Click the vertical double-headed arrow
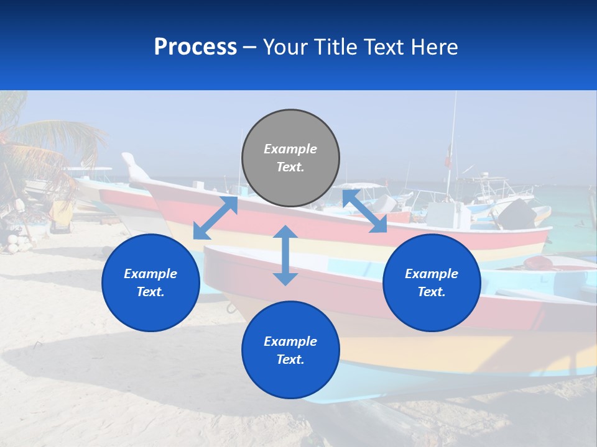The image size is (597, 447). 285,255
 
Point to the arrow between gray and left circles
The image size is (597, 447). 215,218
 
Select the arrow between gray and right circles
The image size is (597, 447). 364,211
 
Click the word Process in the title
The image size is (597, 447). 195,47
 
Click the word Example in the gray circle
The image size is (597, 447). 290,149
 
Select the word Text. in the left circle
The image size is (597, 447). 150,292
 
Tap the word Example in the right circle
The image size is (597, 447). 432,274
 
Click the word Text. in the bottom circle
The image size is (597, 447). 290,359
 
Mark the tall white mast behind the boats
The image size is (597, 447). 452,143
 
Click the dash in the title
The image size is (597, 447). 250,47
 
